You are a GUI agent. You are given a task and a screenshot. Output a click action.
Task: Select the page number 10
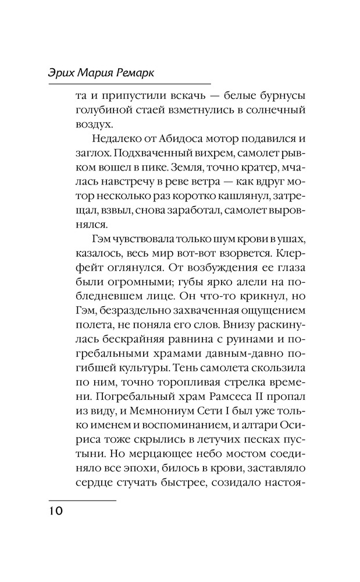tap(56, 510)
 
